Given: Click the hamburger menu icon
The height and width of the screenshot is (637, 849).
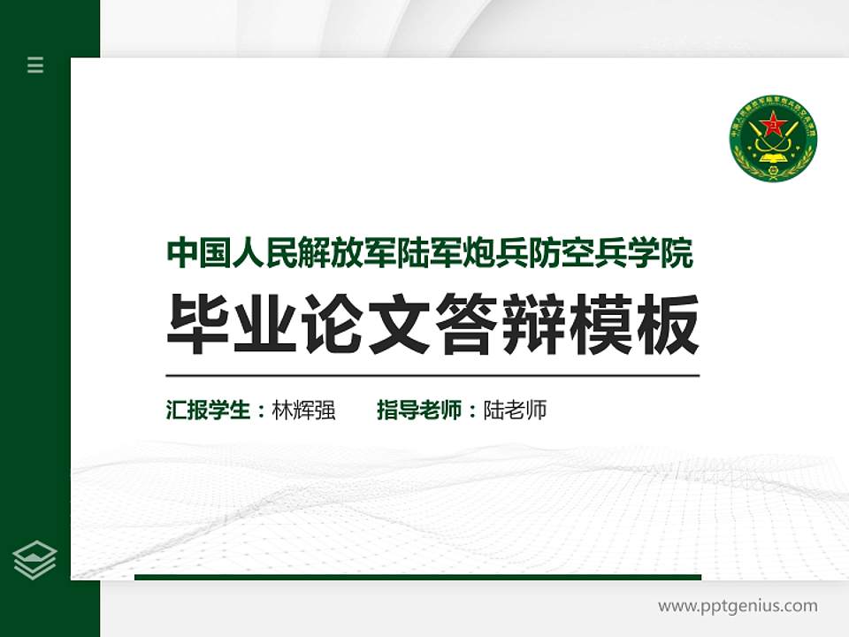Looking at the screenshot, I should click(x=35, y=65).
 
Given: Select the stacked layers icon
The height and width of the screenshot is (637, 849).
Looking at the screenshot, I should click(x=35, y=560).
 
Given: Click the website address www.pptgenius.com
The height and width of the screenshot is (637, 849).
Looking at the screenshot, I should click(x=738, y=606).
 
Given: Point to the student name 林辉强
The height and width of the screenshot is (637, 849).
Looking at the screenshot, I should click(x=303, y=411).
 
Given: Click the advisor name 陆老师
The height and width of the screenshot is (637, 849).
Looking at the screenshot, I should click(x=515, y=411).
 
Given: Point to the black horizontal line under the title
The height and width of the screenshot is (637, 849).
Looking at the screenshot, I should click(x=432, y=375).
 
